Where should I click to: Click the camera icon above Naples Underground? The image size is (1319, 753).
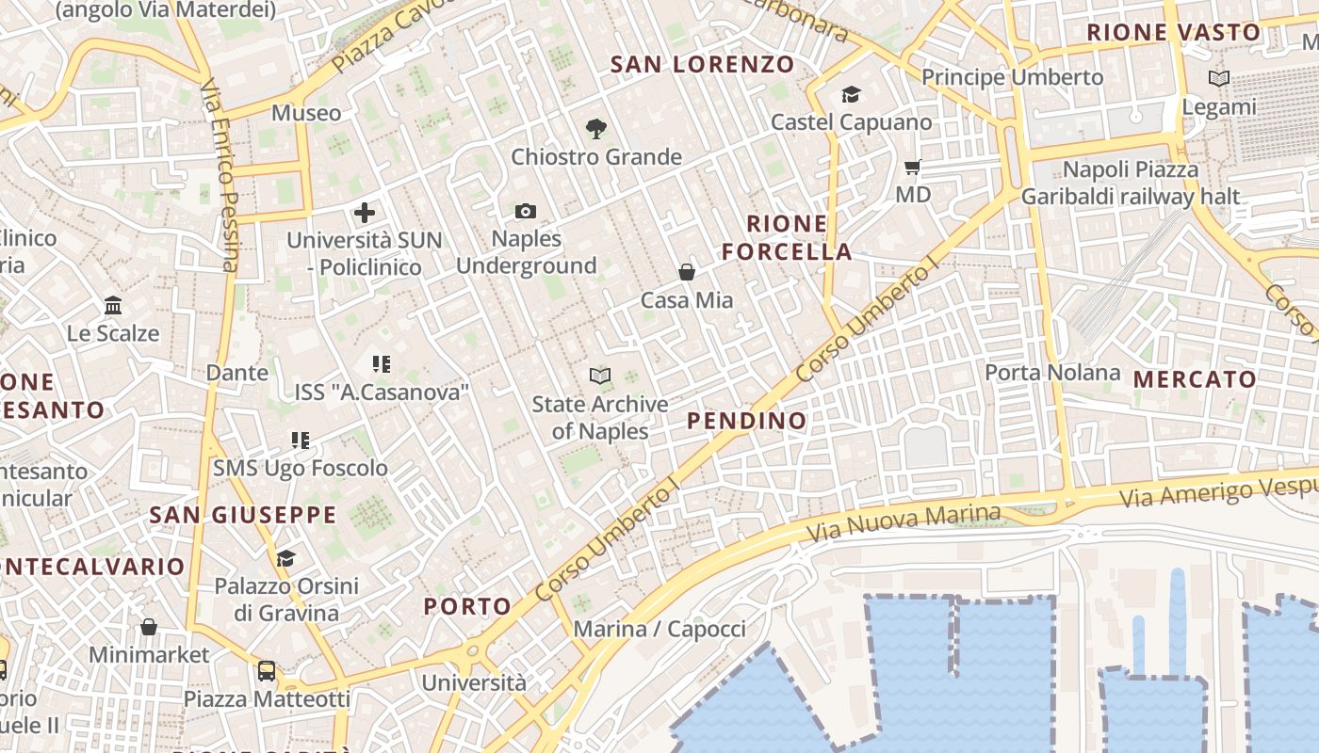point(526,212)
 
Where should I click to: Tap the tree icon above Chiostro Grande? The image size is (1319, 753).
point(595,128)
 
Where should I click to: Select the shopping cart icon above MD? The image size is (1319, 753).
point(912,168)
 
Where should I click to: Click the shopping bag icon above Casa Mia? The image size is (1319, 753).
point(687,273)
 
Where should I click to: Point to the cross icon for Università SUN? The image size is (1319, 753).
point(365,213)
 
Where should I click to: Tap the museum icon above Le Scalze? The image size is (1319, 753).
point(114,306)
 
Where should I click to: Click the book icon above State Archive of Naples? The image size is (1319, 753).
point(600,376)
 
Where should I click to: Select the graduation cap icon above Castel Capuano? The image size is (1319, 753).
point(851,95)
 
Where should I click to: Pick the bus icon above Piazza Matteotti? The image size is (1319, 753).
point(267,671)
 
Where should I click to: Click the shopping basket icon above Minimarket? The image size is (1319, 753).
point(149,627)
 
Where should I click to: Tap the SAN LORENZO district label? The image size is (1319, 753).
point(703,65)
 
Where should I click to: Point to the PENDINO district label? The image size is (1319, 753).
point(747,421)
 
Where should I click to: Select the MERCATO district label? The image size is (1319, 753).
point(1195,379)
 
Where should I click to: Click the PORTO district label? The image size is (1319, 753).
point(467,606)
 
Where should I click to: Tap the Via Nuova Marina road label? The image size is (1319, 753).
point(904,523)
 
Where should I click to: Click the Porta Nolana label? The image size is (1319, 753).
point(1052,373)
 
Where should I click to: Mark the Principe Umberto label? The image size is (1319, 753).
point(1012,77)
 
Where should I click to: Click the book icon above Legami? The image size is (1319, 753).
point(1219,79)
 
